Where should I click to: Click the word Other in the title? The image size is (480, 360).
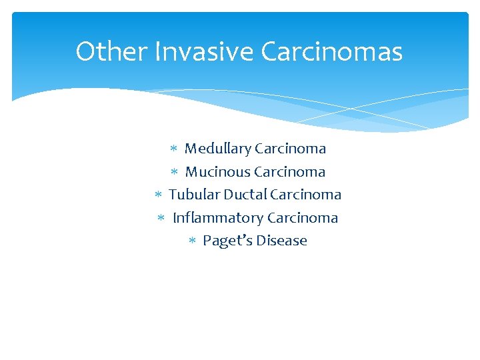111,51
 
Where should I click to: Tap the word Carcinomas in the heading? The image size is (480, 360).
332,51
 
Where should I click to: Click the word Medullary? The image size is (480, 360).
217,149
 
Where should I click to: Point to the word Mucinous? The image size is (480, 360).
217,172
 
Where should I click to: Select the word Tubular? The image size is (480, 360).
194,195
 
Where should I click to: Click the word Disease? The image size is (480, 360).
282,241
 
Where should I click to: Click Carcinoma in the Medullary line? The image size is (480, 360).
290,149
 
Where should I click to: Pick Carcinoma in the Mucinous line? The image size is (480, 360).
290,172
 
